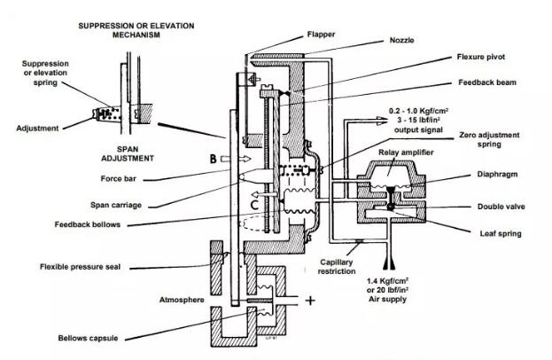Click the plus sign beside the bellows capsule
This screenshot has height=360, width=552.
[x=311, y=301]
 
